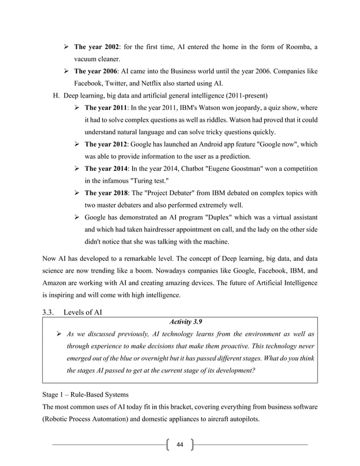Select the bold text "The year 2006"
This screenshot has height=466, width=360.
point(96,73)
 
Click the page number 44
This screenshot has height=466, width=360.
point(180,445)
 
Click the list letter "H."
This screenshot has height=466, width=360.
point(56,95)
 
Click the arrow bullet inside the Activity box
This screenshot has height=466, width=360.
point(58,335)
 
